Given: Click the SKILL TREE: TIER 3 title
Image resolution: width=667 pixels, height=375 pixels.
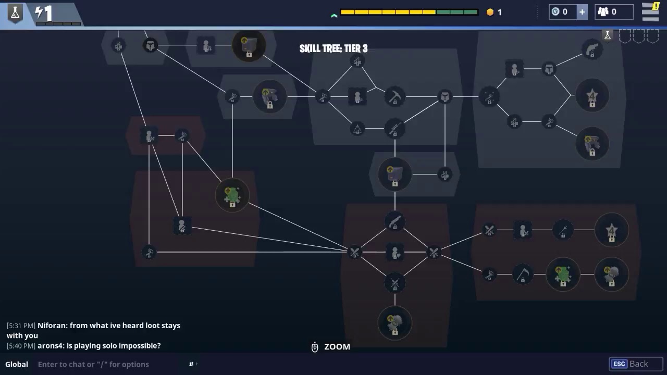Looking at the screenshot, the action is pyautogui.click(x=333, y=48).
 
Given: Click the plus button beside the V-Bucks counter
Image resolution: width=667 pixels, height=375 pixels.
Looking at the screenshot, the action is pyautogui.click(x=582, y=12).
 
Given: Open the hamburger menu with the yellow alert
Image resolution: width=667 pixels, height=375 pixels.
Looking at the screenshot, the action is pyautogui.click(x=650, y=12).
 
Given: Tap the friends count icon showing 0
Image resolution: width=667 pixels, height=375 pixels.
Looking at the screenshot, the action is pyautogui.click(x=603, y=12).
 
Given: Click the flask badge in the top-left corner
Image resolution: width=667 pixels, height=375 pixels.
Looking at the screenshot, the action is pyautogui.click(x=15, y=13).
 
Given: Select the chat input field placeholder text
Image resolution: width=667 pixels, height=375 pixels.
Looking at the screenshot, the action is pyautogui.click(x=93, y=364).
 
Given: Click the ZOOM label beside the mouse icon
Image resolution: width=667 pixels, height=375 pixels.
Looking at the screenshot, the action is pyautogui.click(x=337, y=347).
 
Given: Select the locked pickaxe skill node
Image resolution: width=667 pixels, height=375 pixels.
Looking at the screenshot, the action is pyautogui.click(x=395, y=97).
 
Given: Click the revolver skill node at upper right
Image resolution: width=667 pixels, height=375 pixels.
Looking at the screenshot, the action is pyautogui.click(x=592, y=50).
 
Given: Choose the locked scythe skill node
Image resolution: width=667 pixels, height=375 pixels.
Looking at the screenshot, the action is pyautogui.click(x=523, y=274).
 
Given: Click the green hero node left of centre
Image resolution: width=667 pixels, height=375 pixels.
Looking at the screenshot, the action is pyautogui.click(x=232, y=195).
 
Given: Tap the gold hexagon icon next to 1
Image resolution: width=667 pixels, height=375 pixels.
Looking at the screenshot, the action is pyautogui.click(x=490, y=12).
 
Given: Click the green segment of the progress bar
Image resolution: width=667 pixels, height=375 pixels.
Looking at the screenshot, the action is pyautogui.click(x=457, y=12).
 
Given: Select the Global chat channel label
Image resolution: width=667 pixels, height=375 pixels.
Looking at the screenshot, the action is pyautogui.click(x=17, y=364).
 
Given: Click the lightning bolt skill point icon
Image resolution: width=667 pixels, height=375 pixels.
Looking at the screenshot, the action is pyautogui.click(x=39, y=12).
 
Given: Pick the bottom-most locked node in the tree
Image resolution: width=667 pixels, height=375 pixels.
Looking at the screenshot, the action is pyautogui.click(x=395, y=323).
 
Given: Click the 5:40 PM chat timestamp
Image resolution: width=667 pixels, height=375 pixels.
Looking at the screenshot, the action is pyautogui.click(x=21, y=346).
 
